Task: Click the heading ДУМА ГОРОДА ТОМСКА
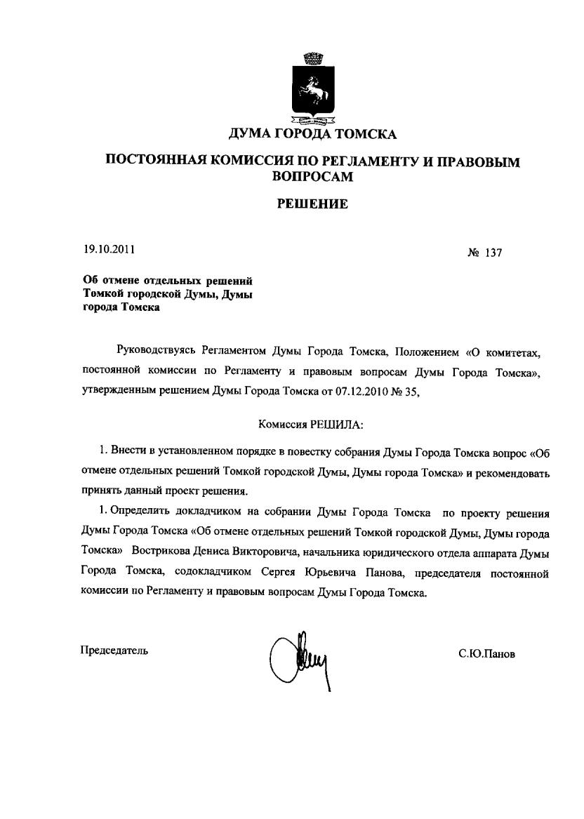[x=312, y=134]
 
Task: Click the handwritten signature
[x=298, y=658]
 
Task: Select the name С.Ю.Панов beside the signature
[x=486, y=653]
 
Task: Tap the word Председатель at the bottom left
[x=114, y=650]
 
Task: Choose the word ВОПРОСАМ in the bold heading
[x=312, y=177]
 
